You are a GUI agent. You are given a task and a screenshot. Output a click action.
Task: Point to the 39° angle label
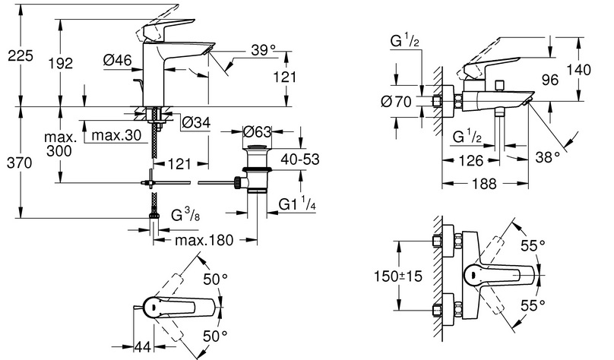tap(262, 50)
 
